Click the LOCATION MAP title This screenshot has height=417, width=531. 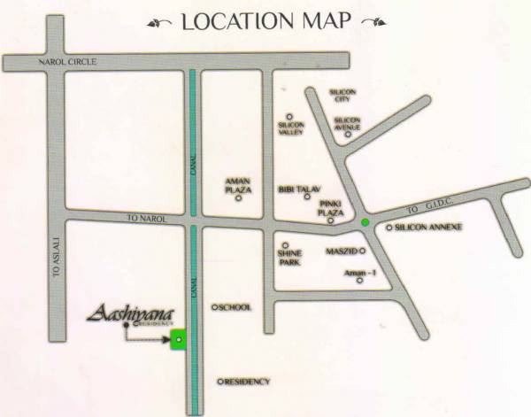coord(265,21)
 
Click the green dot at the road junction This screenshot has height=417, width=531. coord(366,221)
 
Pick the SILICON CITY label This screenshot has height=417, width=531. coord(341,95)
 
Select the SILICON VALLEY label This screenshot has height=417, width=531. coord(290,127)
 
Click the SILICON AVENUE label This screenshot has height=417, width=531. coord(348,123)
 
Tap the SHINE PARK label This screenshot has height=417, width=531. coord(289,257)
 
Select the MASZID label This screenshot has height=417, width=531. coord(342,252)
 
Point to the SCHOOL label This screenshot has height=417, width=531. coord(235,307)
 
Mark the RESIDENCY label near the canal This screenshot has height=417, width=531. coord(247,382)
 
